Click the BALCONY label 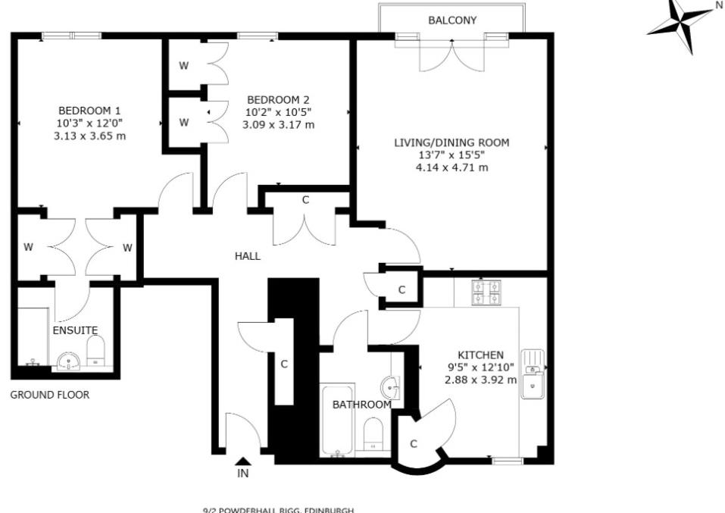coord(452,20)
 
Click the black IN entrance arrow coord(242,461)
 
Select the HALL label coord(247,256)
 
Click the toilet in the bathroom coord(373,435)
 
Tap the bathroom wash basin coord(392,387)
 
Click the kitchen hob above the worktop coord(486,292)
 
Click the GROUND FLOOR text coord(49,395)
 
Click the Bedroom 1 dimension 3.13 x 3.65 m coord(89,136)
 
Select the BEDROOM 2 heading coord(278,99)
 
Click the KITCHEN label coord(480,355)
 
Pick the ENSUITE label coord(75,330)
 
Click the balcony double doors coord(452,55)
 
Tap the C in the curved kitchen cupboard coord(414,444)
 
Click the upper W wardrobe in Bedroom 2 coord(184,66)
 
